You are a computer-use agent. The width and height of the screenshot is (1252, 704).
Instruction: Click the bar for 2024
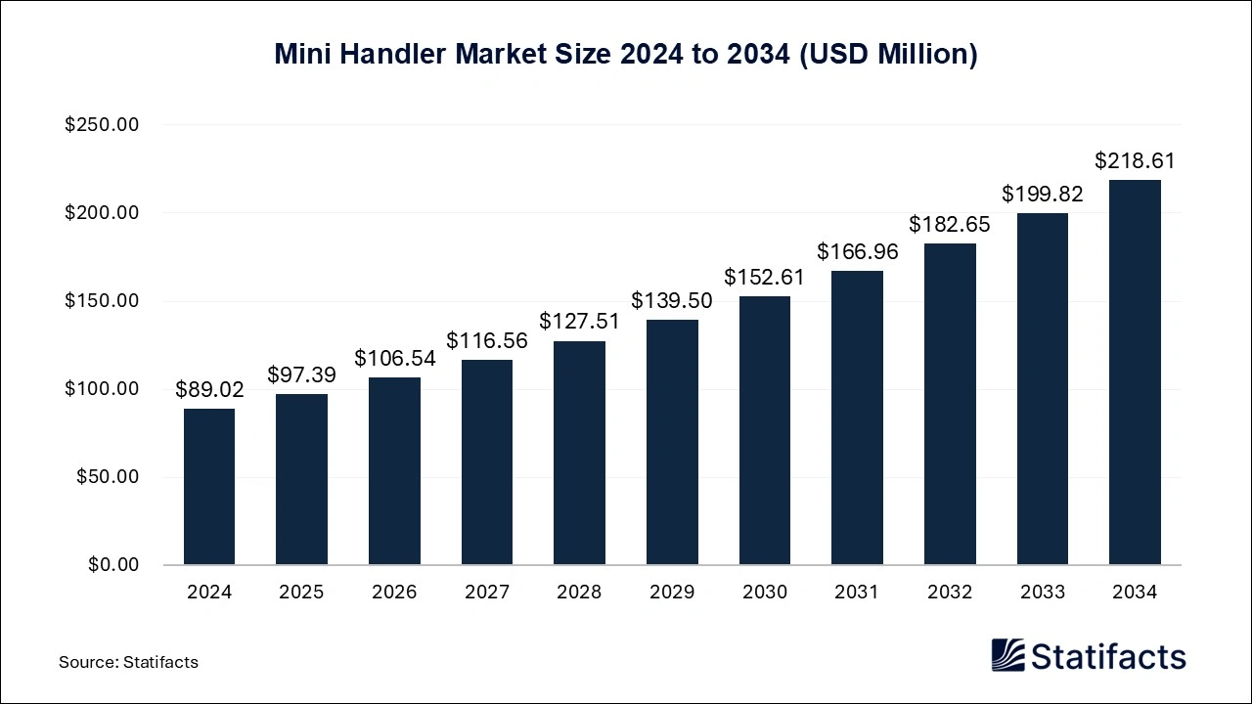[x=209, y=486]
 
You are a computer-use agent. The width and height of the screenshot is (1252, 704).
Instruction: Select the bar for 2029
[x=672, y=442]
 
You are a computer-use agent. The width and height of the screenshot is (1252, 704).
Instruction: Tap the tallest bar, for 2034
[x=1135, y=373]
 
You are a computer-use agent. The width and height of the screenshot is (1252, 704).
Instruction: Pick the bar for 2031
[x=857, y=418]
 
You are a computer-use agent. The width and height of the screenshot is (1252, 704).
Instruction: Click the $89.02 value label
[x=209, y=390]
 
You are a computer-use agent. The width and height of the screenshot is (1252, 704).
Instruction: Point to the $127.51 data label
[x=580, y=322]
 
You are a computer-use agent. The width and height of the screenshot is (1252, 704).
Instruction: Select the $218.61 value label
[x=1135, y=161]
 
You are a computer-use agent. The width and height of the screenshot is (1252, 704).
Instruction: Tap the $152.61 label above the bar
[x=764, y=278]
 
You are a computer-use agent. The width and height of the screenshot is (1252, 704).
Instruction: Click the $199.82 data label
[x=1043, y=195]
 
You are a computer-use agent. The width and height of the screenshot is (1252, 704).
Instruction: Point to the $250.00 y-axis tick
[x=102, y=125]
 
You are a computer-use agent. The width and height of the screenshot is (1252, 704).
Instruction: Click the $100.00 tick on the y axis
[x=102, y=389]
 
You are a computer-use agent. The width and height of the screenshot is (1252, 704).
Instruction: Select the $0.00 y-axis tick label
[x=113, y=565]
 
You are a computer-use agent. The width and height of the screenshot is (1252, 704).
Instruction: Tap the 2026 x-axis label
[x=394, y=593]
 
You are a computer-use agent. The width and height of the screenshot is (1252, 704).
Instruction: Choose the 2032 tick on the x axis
[x=950, y=593]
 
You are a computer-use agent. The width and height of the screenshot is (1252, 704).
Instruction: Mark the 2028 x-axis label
[x=580, y=593]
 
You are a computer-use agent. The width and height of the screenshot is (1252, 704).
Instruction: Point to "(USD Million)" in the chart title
[x=889, y=55]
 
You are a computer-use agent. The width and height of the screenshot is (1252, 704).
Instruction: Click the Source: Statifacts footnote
[x=128, y=662]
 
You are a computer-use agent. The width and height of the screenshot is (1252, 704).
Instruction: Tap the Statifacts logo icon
[x=1007, y=655]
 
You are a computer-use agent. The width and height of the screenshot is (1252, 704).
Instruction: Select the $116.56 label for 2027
[x=487, y=341]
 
